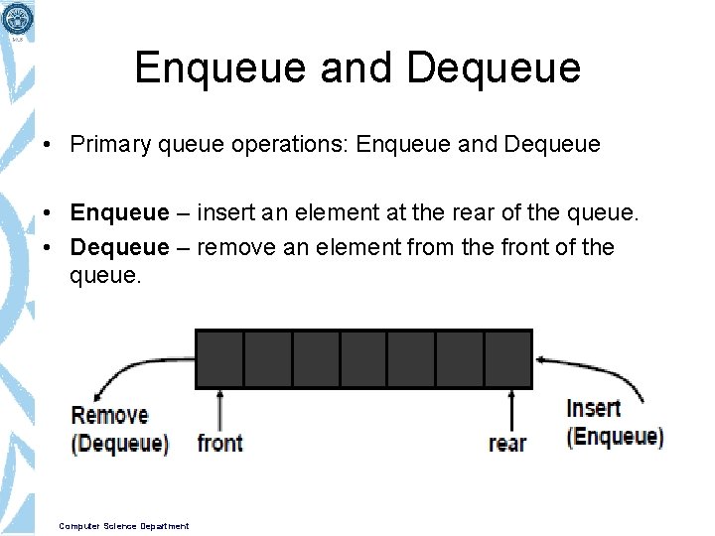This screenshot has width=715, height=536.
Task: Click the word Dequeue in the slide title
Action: [494, 68]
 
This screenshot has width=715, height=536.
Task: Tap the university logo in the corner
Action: [17, 19]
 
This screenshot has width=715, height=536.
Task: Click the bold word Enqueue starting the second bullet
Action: [119, 213]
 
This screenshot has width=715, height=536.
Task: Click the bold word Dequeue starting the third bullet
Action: [119, 247]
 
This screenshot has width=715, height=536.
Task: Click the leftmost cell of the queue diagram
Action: [219, 358]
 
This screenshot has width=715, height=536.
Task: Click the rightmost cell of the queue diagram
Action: [507, 358]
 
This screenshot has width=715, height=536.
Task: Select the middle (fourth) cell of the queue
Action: [363, 358]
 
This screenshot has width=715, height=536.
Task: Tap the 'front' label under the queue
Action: [219, 443]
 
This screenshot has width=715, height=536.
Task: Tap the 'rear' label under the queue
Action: [507, 443]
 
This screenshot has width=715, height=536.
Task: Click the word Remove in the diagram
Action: [109, 415]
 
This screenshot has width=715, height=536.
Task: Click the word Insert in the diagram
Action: [593, 408]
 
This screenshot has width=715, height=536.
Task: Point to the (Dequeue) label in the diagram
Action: [119, 443]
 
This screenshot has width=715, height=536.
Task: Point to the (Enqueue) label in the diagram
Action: [615, 436]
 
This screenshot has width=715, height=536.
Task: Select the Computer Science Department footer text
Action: [123, 526]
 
